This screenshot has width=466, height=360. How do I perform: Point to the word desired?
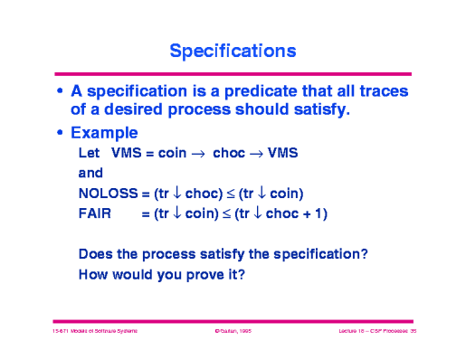coord(135,110)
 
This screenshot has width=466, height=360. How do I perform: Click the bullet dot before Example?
coord(60,134)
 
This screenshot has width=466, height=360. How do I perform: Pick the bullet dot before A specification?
coord(60,92)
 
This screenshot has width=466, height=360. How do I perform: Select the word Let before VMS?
coord(90,153)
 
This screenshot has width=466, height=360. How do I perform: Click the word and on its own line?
coord(91,173)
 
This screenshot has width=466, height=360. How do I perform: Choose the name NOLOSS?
coord(108,193)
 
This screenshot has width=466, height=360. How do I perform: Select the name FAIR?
coord(96,213)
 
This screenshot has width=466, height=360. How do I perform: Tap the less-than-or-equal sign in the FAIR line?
coord(227,213)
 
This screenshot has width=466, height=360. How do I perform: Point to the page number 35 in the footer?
coord(412,333)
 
